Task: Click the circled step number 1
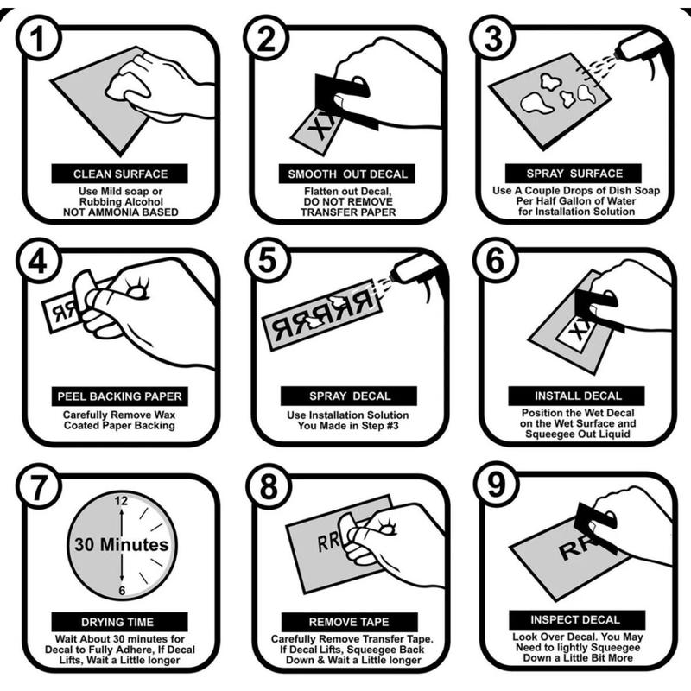point(38,37)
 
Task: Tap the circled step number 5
point(268,260)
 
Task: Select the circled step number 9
point(496,484)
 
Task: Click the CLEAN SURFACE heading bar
point(120,174)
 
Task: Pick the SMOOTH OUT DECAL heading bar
point(347,174)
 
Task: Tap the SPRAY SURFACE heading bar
point(574,174)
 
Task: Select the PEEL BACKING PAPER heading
point(120,396)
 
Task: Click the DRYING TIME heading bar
point(120,622)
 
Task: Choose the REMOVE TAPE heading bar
point(350,622)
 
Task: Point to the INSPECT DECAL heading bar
point(577,619)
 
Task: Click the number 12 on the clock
point(121,501)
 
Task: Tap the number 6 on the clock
point(122,591)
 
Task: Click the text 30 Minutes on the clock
point(122,545)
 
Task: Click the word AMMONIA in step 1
point(117,212)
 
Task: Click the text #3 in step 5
point(391,426)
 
